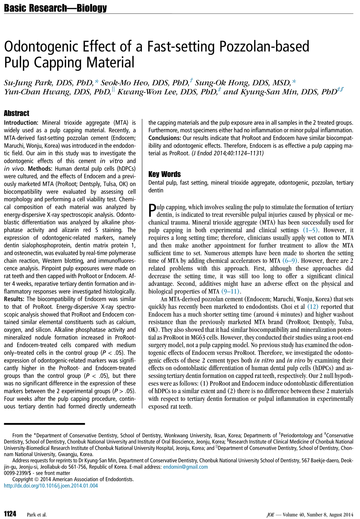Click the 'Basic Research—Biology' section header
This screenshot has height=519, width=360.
click(x=55, y=8)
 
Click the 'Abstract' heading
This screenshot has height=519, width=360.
click(x=16, y=113)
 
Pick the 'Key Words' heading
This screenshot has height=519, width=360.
click(x=164, y=174)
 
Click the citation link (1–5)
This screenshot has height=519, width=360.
click(x=310, y=230)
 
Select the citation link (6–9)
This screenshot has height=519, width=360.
click(x=290, y=261)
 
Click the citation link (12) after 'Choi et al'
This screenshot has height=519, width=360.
click(x=313, y=307)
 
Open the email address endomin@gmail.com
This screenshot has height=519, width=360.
click(x=185, y=467)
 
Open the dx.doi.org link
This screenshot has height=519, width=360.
click(x=51, y=485)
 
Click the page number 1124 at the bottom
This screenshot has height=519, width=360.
click(x=10, y=514)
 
